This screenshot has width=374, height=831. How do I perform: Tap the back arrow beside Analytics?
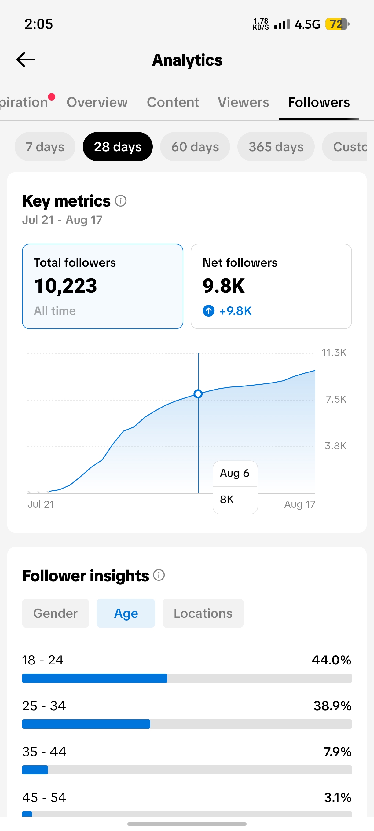[25, 60]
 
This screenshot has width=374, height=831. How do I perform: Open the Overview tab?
[97, 102]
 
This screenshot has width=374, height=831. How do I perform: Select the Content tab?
[173, 102]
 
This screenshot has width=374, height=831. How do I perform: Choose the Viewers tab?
[243, 102]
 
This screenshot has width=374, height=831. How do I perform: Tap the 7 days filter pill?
[45, 147]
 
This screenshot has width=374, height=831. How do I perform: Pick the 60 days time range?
[195, 147]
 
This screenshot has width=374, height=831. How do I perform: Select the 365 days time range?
[276, 147]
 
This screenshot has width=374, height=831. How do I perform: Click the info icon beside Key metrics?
[121, 201]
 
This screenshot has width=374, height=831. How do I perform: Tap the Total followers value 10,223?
[65, 286]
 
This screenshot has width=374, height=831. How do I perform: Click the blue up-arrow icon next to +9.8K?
[208, 311]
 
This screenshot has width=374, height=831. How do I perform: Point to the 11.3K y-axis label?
[334, 353]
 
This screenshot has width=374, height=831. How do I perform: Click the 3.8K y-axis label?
[335, 446]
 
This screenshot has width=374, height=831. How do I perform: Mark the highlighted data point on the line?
[198, 394]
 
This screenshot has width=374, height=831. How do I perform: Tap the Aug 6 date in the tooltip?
[235, 473]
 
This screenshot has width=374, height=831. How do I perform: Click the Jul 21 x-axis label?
[41, 504]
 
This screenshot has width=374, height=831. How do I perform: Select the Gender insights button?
[56, 613]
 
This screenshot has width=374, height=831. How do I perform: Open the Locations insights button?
[203, 613]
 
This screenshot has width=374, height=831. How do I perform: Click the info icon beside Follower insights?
[159, 575]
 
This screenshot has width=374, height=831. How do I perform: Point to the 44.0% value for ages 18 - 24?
[332, 660]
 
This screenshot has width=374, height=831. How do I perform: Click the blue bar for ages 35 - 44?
[35, 770]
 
